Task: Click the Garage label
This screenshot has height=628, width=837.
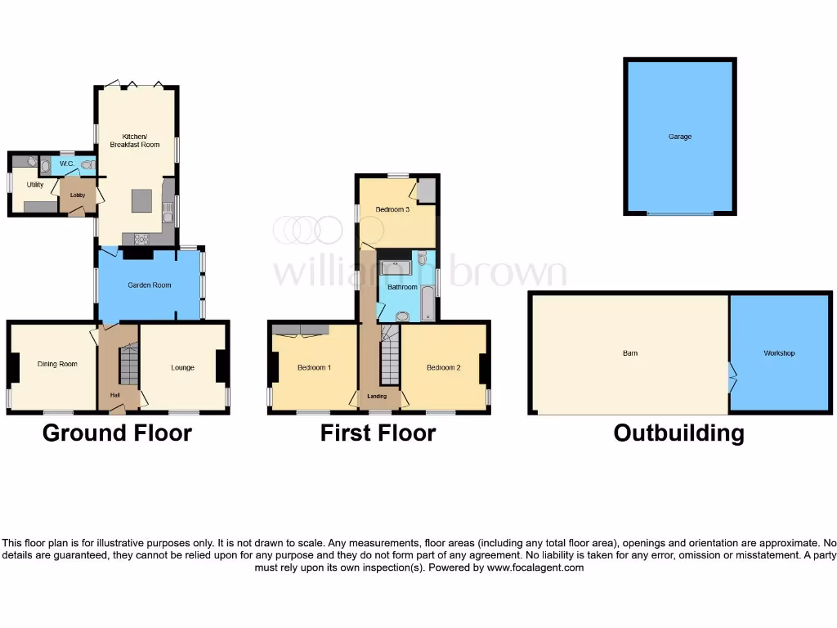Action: (679, 137)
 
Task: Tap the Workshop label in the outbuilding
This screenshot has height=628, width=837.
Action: (779, 353)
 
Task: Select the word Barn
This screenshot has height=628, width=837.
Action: (629, 353)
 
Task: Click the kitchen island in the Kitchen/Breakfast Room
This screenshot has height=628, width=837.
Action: (141, 200)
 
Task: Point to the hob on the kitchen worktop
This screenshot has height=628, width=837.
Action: (139, 239)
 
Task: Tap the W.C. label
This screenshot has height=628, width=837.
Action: (67, 164)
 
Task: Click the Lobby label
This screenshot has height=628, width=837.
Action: (78, 195)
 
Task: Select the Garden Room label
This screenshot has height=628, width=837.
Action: (149, 285)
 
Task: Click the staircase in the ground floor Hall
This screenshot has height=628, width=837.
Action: (129, 366)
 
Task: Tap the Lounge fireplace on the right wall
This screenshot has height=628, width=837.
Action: (222, 366)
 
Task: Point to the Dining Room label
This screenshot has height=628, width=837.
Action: (57, 364)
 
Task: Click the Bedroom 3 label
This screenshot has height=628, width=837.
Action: (392, 210)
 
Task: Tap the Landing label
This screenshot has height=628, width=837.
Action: (377, 397)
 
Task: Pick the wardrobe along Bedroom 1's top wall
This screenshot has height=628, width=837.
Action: (301, 330)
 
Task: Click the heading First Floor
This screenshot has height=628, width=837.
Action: (378, 433)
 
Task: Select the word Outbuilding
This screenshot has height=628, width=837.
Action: (678, 433)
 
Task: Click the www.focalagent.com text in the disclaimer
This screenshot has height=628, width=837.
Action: (535, 567)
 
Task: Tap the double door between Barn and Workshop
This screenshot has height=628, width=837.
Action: (731, 377)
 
